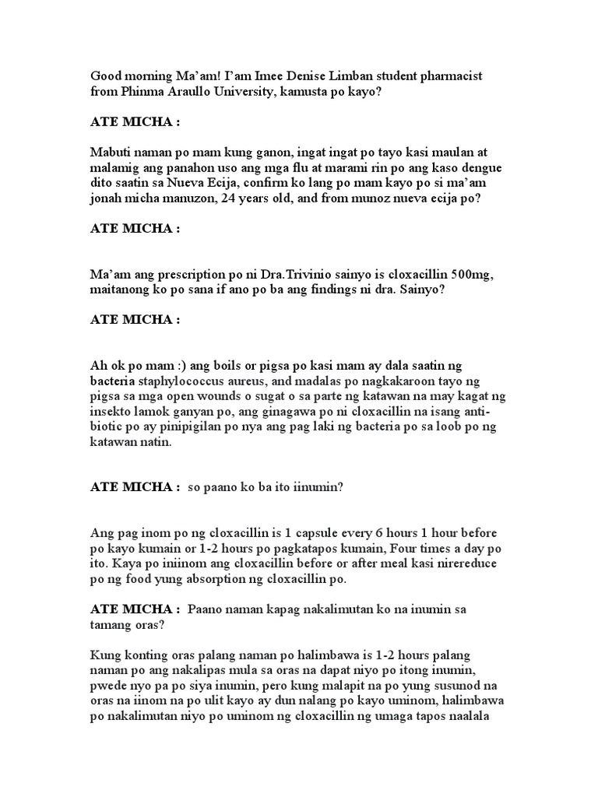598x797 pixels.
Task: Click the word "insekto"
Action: click(x=113, y=412)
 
